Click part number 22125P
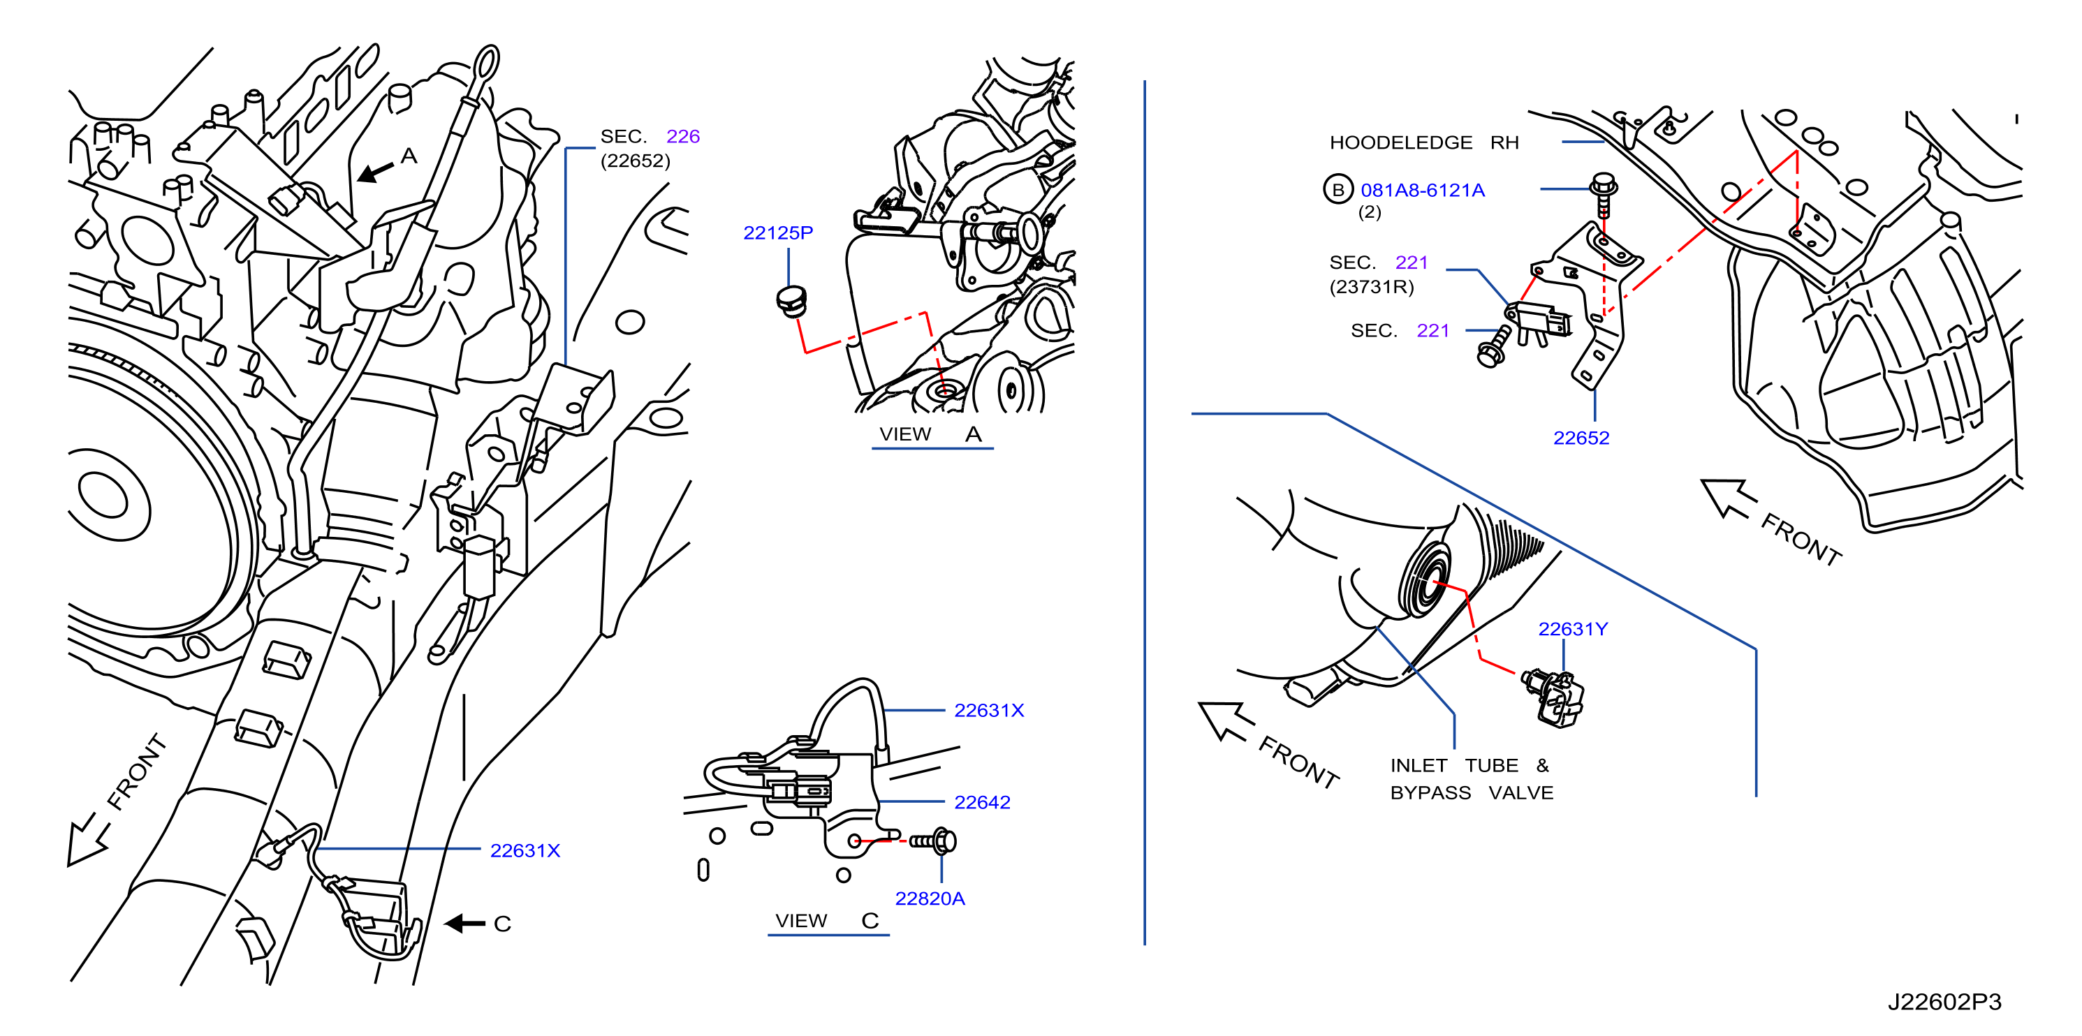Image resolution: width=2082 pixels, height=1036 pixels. pos(777,232)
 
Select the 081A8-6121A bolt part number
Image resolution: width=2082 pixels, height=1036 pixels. pos(1423,190)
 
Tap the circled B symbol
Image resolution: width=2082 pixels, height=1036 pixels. pos(1337,189)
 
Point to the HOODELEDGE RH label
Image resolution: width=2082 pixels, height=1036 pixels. pos(1424,142)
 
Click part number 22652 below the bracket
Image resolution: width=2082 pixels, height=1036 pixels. pos(1581,438)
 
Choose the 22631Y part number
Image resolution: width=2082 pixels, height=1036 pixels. pos(1573,629)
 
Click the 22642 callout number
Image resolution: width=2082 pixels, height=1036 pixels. pos(982,802)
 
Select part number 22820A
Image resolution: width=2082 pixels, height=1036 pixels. pos(930,898)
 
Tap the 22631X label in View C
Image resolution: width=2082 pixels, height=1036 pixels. pos(988,711)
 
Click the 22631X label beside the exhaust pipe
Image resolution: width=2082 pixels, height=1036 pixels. pos(525,851)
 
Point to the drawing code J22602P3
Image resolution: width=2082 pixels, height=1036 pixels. pos(1944,1002)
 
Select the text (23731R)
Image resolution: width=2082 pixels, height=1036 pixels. pos(1372,287)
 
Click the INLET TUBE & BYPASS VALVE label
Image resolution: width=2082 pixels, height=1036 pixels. pos(1471,779)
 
